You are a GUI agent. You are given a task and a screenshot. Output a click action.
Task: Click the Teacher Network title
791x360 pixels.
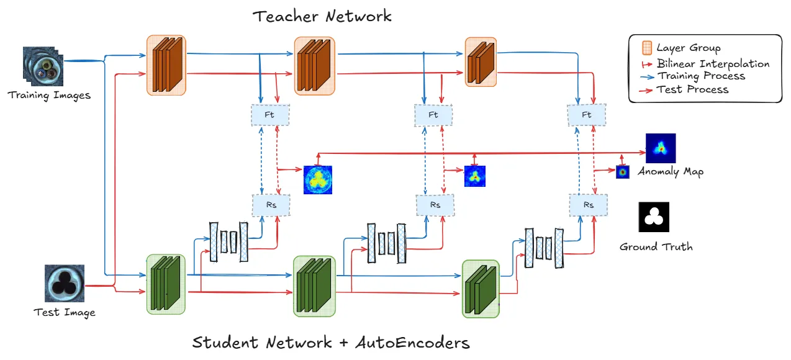(322, 16)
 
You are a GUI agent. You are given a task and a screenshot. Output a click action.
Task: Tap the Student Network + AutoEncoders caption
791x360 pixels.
(331, 343)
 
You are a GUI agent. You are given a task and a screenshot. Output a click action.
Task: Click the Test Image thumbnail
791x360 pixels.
(64, 283)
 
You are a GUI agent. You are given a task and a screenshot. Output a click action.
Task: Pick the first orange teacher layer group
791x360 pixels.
(166, 65)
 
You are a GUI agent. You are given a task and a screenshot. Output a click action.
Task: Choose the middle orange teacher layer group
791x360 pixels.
(315, 65)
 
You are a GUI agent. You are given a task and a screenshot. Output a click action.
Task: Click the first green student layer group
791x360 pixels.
(166, 283)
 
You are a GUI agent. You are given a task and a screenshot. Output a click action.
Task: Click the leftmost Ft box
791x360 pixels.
(269, 115)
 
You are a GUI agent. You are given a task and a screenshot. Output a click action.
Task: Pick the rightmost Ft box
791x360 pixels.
(586, 115)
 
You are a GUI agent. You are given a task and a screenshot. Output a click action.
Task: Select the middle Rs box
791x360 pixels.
(435, 205)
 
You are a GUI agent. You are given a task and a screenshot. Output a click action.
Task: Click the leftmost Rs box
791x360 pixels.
(271, 205)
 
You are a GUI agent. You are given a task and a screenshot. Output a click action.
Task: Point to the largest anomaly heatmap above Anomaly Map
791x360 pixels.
(661, 148)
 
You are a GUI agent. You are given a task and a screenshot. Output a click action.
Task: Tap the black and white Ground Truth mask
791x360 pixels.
(653, 217)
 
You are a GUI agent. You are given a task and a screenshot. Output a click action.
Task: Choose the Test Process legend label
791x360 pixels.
(692, 89)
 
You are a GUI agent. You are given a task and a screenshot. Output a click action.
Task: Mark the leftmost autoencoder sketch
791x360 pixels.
(228, 238)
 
